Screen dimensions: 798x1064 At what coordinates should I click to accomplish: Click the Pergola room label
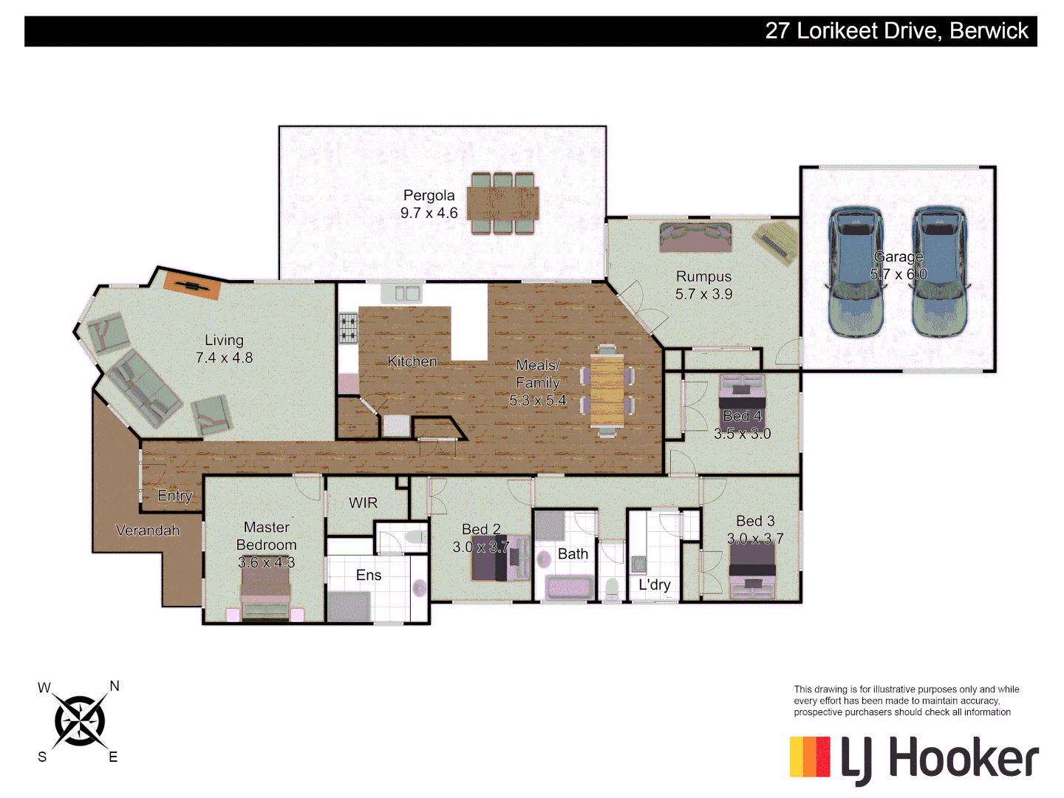[x=429, y=196]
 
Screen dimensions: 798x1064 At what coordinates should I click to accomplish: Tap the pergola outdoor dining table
[x=503, y=203]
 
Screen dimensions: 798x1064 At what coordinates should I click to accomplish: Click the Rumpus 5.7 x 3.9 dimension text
[x=703, y=294]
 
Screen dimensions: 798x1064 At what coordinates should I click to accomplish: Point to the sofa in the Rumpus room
[x=695, y=237]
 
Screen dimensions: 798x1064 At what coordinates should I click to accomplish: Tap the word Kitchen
[x=412, y=361]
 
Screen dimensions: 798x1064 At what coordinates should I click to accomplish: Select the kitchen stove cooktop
[x=348, y=329]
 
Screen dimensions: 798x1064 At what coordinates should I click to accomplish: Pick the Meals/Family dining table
[x=607, y=390]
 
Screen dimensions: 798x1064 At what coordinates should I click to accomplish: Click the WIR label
[x=363, y=503]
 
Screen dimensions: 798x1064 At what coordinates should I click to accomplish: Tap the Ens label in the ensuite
[x=369, y=575]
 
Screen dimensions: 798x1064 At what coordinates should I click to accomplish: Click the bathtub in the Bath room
[x=569, y=588]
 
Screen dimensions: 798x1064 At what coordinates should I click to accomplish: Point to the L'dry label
[x=655, y=584]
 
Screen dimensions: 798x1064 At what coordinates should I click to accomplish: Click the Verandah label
[x=148, y=531]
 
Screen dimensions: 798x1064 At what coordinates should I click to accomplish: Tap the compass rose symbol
[x=79, y=721]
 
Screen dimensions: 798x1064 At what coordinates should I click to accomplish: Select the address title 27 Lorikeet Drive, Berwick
[x=896, y=31]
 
